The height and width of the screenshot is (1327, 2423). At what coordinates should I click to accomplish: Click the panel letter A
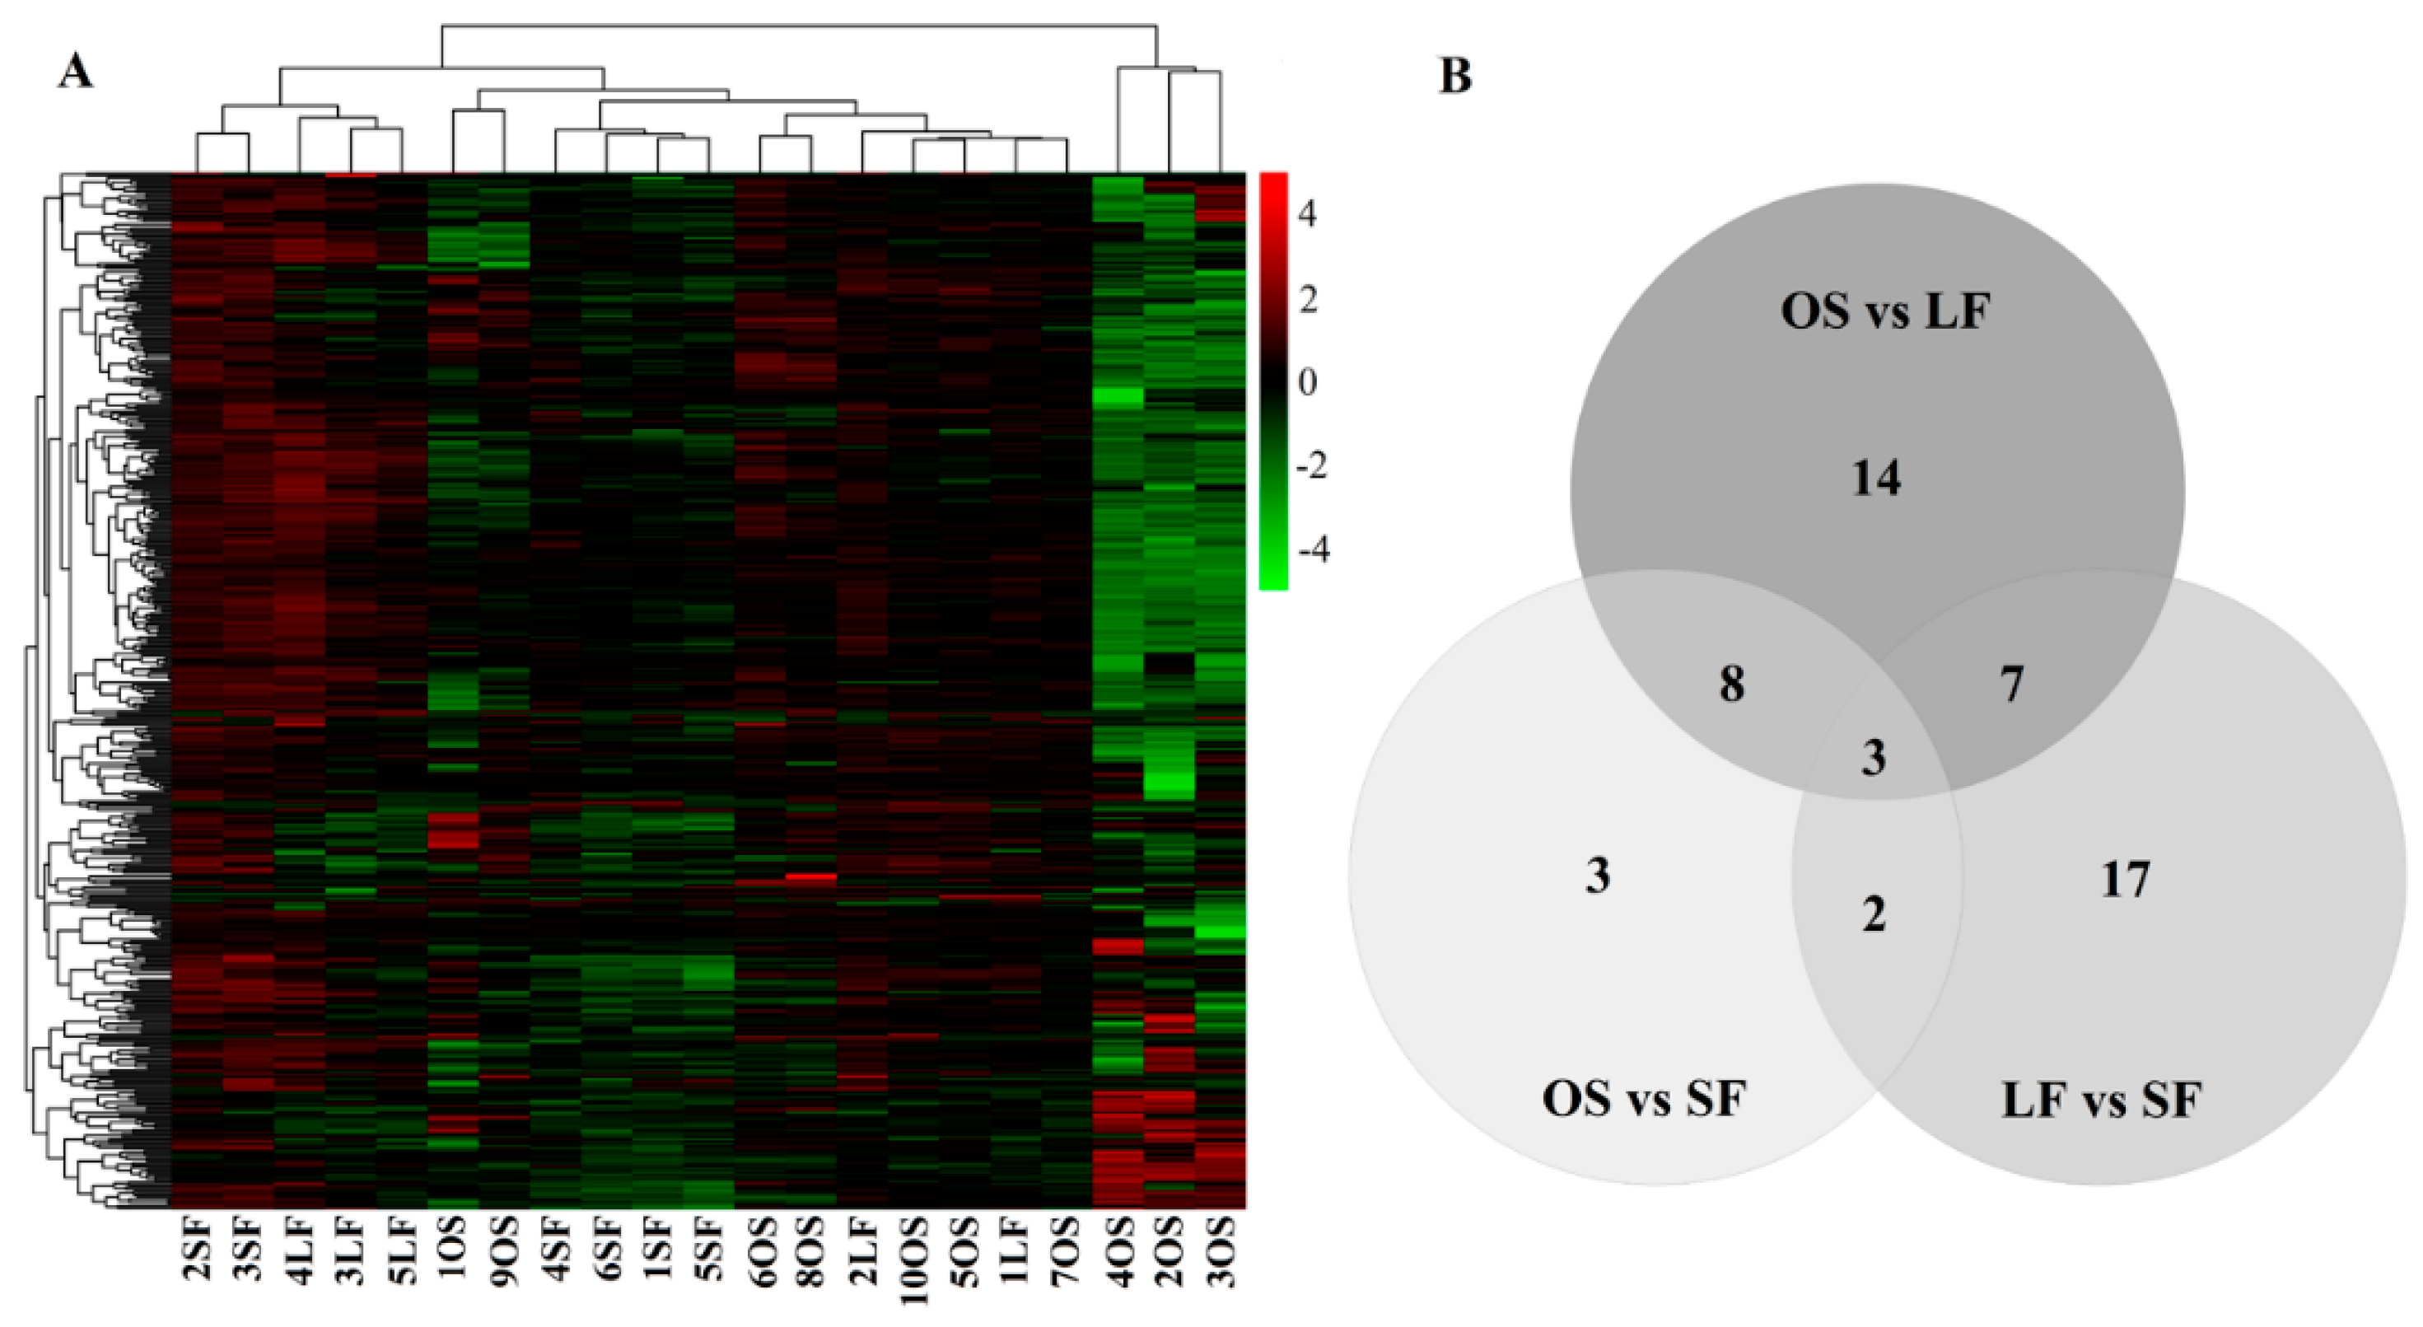(x=77, y=72)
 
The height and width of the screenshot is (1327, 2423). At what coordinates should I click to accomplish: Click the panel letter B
(x=1455, y=75)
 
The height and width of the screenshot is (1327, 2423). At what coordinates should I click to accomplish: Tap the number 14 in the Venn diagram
(x=1876, y=478)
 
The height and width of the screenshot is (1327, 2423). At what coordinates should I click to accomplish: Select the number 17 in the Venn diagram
(x=2125, y=881)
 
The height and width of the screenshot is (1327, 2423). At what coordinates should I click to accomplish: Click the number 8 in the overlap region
(x=1732, y=684)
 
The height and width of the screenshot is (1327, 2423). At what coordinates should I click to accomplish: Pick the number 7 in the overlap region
(x=2011, y=684)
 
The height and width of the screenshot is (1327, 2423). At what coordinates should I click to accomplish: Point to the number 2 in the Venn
(x=1874, y=914)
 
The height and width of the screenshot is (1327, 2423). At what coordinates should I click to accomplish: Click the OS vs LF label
(x=1885, y=311)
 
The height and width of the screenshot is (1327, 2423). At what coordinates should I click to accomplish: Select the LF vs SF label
(x=2101, y=1100)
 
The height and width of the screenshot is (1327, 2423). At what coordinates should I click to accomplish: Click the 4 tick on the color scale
(x=1307, y=214)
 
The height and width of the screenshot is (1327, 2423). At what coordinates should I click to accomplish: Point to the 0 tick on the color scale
(x=1307, y=382)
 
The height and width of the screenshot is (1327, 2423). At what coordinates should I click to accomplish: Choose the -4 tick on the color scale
(x=1313, y=549)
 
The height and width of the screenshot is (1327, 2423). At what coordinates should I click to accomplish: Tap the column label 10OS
(x=913, y=1261)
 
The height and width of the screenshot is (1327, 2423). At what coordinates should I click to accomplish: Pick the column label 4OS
(x=1118, y=1251)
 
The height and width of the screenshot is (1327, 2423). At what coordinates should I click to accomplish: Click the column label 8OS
(x=810, y=1251)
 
